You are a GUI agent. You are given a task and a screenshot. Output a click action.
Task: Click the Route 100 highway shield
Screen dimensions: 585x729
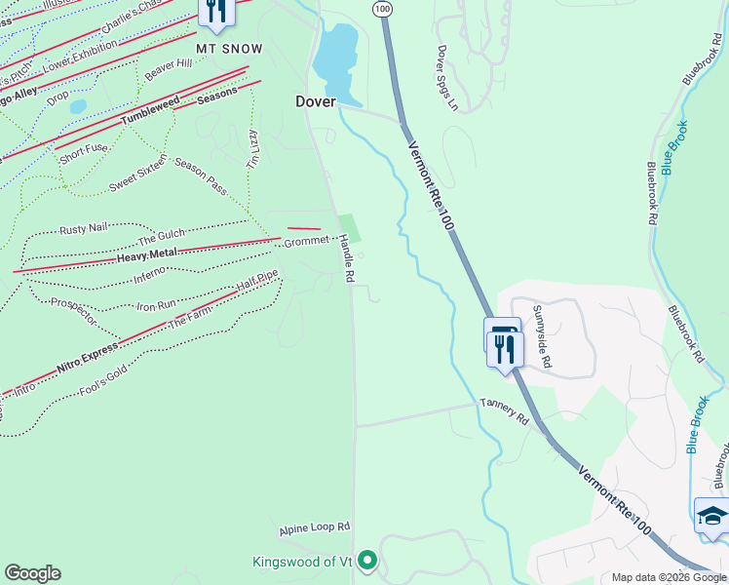(382, 8)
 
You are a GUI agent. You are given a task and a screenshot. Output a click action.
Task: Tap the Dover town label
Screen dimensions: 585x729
(316, 101)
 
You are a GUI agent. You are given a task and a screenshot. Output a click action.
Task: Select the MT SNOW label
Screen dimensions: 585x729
(229, 48)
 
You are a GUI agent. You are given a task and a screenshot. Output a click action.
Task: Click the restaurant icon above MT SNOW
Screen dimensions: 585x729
(215, 11)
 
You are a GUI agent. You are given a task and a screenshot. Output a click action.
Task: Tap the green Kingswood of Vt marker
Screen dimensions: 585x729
(366, 560)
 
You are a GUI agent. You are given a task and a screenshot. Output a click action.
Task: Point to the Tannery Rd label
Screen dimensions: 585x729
(503, 410)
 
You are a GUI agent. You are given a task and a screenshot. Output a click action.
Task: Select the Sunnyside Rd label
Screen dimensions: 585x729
(542, 336)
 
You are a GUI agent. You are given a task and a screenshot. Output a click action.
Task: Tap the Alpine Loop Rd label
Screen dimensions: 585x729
(314, 529)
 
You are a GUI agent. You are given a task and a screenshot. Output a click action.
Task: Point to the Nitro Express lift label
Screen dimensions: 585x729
(80, 364)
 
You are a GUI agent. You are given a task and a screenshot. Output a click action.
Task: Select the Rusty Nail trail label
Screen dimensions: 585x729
(83, 230)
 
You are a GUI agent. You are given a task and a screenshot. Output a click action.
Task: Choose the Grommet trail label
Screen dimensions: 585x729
(307, 241)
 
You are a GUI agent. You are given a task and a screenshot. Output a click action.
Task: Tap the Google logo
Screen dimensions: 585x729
(32, 573)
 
